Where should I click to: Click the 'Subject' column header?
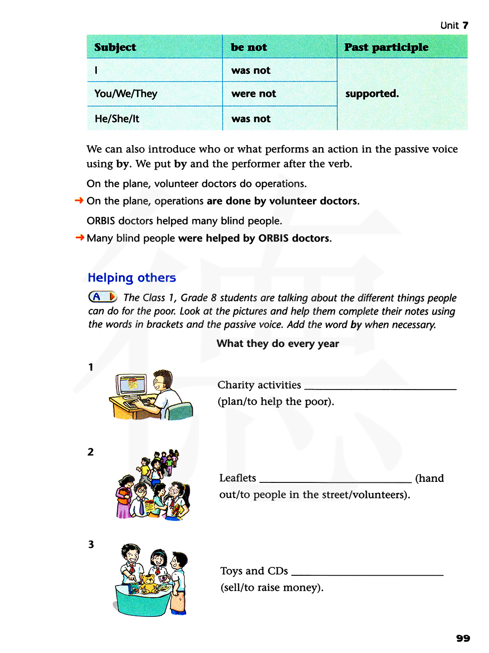(x=115, y=47)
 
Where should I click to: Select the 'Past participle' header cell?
(x=386, y=47)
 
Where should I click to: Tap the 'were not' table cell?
(x=253, y=93)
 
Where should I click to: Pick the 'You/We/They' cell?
(x=126, y=93)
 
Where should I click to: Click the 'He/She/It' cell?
(x=117, y=119)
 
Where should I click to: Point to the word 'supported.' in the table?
(x=372, y=93)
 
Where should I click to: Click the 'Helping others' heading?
(x=132, y=278)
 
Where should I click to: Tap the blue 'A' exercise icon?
(x=102, y=297)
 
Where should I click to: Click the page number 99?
(x=463, y=638)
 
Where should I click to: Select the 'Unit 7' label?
(x=454, y=25)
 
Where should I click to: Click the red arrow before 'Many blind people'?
(x=80, y=238)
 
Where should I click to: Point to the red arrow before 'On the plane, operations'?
(x=79, y=200)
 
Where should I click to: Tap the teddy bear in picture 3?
(x=148, y=582)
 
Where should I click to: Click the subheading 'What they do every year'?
(x=278, y=344)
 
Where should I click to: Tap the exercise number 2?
(x=90, y=452)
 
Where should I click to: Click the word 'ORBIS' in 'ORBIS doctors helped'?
(x=101, y=221)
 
